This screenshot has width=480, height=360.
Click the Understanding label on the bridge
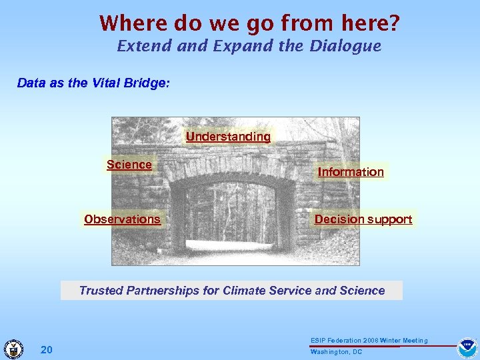pos(228,137)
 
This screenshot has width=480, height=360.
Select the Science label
pos(129,165)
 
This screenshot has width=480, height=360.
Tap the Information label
pos(351,172)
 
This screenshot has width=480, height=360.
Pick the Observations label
pos(122,219)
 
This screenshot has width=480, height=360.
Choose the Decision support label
pos(363,219)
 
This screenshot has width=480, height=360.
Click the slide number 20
pos(47,350)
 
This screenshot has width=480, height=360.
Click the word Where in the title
pos(133,23)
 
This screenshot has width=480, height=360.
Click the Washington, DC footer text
pos(336,352)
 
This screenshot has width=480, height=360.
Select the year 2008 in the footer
pos(369,341)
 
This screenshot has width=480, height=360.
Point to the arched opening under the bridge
pos(230,213)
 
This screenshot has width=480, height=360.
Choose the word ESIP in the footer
pos(318,341)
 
